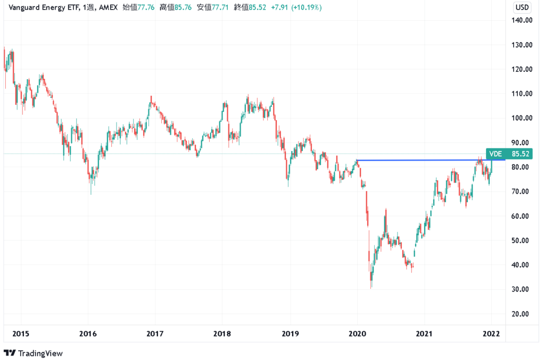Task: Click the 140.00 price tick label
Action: coord(522,20)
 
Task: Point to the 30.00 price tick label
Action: coord(522,289)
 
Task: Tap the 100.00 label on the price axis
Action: coord(522,118)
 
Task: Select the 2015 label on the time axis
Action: coord(20,334)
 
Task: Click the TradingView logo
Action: coord(33,353)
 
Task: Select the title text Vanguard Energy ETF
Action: coord(40,7)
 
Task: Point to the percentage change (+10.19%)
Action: coord(309,7)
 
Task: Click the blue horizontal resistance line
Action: coord(426,160)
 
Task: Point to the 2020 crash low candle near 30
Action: coord(371,282)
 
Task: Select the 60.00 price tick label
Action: coord(522,216)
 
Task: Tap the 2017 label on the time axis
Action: coord(155,334)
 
